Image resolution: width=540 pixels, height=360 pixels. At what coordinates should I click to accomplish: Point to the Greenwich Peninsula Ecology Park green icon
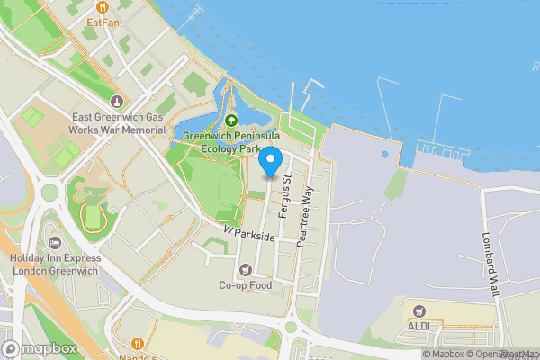tap(230, 121)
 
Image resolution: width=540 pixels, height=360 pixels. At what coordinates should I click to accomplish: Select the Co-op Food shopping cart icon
tap(246, 269)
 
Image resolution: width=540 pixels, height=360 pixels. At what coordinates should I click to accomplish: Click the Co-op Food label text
tap(246, 285)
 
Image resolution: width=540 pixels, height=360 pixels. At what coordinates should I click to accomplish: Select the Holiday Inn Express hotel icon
tap(55, 244)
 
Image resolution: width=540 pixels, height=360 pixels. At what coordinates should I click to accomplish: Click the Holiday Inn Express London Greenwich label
tap(55, 266)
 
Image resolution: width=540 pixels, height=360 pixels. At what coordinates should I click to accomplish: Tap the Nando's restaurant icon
tap(138, 343)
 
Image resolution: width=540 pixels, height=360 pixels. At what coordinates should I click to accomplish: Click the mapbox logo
tap(40, 348)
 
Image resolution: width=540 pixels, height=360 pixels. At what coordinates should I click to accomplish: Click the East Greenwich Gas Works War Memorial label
tap(118, 123)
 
